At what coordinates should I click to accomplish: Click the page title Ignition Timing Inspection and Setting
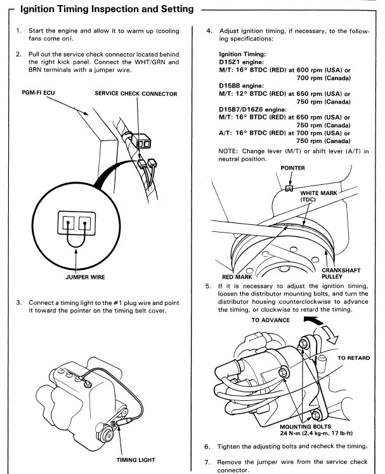coord(105,10)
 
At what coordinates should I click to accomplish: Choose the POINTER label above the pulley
coord(289,168)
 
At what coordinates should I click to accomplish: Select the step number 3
coord(18,301)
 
